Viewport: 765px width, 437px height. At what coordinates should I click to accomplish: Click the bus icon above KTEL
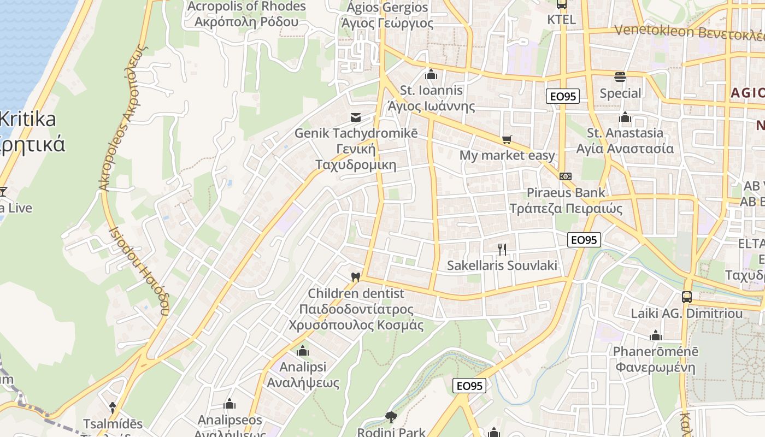561,4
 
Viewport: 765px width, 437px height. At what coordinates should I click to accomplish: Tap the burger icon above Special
620,76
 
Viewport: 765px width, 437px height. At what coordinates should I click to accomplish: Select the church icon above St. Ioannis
431,74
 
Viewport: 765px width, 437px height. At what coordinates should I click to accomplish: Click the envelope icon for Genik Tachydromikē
356,117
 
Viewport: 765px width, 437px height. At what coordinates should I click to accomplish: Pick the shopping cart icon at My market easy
507,140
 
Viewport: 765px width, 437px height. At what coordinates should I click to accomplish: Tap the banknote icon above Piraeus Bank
566,176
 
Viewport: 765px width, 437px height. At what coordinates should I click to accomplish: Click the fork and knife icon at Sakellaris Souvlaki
502,250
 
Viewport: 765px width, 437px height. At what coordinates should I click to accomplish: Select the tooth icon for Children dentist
355,277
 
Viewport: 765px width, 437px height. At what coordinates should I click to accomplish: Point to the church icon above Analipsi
303,351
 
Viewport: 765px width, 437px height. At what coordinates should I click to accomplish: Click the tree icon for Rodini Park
391,417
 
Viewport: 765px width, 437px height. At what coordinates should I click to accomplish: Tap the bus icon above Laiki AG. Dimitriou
686,297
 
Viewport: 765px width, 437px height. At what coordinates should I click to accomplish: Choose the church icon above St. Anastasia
625,117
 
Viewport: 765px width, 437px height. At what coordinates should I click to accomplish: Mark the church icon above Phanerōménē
655,335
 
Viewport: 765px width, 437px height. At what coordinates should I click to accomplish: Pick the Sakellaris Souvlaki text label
502,265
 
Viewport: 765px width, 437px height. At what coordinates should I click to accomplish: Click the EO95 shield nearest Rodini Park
469,386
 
